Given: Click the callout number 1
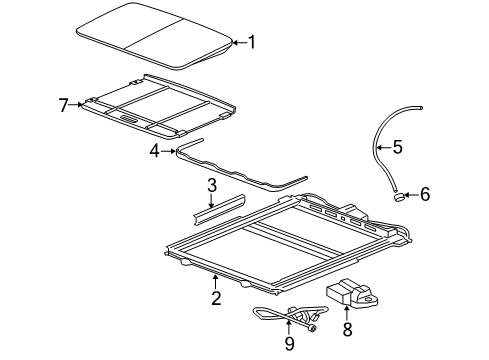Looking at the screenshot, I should coord(252,42).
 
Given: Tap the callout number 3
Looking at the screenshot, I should coord(212,186).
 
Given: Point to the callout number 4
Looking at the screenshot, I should coord(154,151).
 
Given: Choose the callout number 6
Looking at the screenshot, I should coord(425,194).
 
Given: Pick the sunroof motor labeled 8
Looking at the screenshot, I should coord(350,292).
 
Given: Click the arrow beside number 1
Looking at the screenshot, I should coord(238,42).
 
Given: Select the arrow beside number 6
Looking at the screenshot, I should coord(411,195).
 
